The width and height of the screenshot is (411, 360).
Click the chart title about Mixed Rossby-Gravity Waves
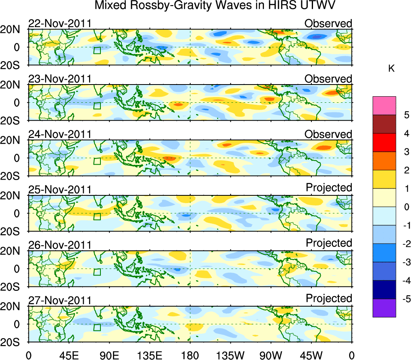(x=215, y=6)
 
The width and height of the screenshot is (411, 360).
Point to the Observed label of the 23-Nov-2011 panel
(x=328, y=79)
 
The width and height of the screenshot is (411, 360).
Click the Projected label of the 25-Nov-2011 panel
(x=329, y=188)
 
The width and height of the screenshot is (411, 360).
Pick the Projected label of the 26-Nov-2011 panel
(x=329, y=243)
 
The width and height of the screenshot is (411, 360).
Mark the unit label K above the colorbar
(x=391, y=69)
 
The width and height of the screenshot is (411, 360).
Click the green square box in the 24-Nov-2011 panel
(x=97, y=161)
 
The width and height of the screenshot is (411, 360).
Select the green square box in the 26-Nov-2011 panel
(x=97, y=272)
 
